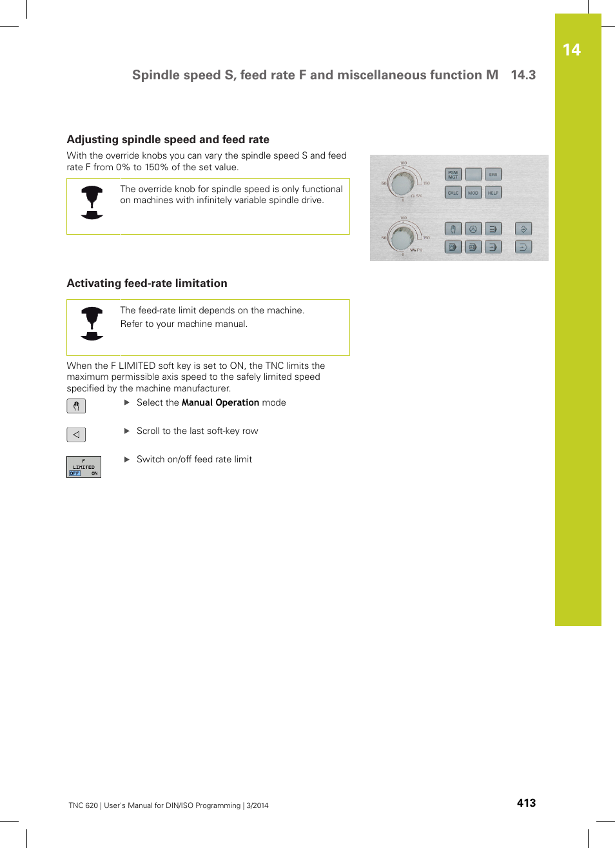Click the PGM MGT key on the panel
453,174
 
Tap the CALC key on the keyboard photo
453,193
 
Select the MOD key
473,193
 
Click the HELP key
493,193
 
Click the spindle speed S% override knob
403,184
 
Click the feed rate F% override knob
403,239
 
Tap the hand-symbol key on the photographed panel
453,229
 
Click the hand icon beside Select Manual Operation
76,406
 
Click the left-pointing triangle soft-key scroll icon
76,435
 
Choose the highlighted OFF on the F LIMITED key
75,473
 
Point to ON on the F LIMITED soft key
94,473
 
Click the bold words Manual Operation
220,402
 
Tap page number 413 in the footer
526,803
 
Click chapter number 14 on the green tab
571,50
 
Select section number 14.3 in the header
523,75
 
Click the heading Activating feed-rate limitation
147,283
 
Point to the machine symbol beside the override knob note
92,202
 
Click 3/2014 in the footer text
258,805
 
